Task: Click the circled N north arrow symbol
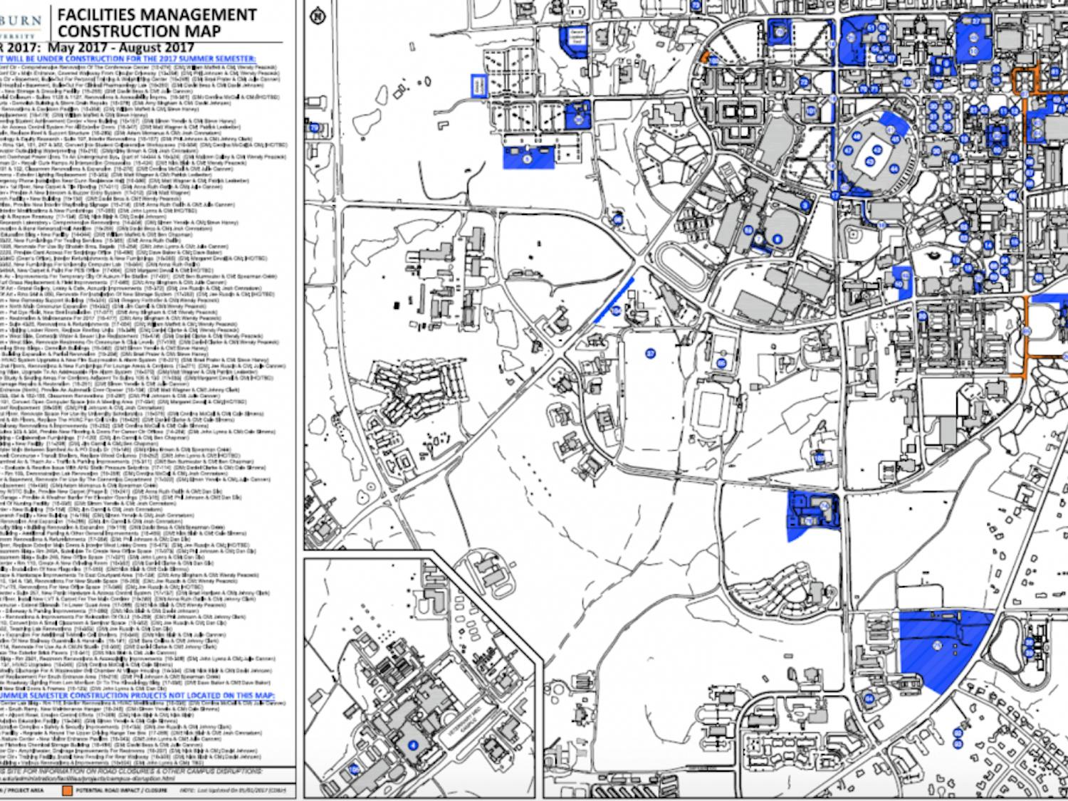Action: (318, 18)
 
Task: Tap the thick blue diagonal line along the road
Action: (613, 300)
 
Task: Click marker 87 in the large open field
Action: (649, 353)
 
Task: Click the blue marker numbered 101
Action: (810, 111)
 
